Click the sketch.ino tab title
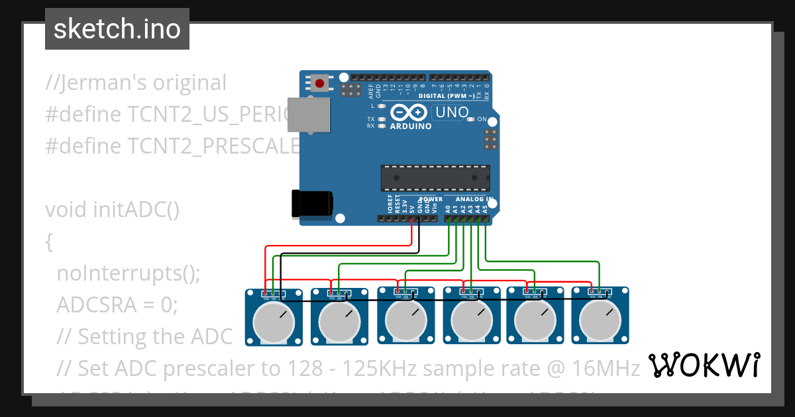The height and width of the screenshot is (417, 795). point(117,29)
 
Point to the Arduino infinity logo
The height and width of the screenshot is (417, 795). point(407,113)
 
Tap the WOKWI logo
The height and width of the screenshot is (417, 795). point(704,365)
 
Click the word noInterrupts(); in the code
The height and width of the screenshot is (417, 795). point(128,273)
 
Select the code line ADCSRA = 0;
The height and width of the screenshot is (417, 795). point(117,304)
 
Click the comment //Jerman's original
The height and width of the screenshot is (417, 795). point(136,83)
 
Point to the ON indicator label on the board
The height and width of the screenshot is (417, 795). point(482,120)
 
